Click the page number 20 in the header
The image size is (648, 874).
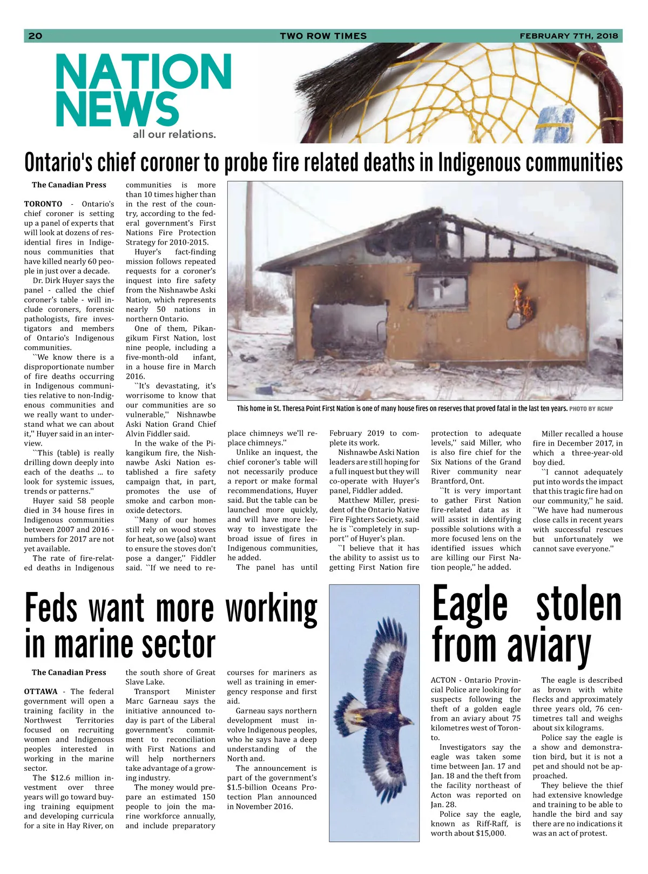pos(35,36)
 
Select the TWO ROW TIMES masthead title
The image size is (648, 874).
pos(323,36)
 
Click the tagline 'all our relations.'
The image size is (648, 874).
pos(174,135)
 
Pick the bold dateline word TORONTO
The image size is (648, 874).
pos(43,204)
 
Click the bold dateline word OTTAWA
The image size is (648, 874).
pos(40,692)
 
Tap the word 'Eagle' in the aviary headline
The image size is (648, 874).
pos(470,604)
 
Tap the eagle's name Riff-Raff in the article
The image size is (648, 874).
pos(491,824)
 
